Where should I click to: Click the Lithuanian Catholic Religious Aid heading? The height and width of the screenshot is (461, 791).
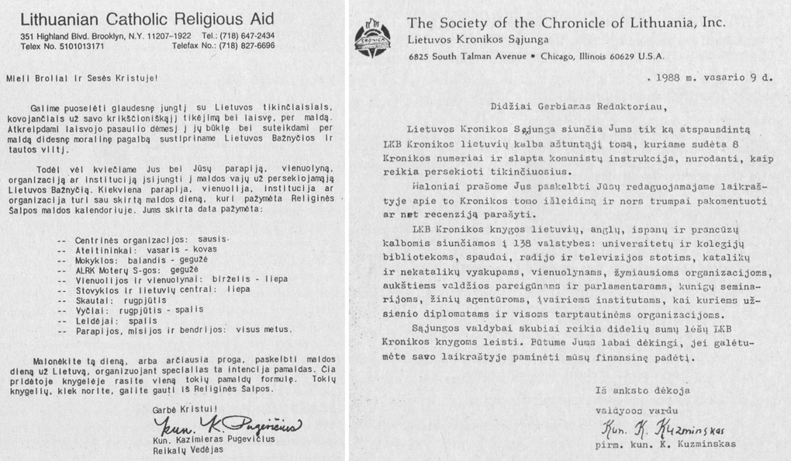point(147,19)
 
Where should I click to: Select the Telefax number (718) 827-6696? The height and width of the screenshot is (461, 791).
point(223,47)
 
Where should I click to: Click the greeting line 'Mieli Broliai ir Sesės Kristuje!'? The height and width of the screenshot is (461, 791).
point(81,78)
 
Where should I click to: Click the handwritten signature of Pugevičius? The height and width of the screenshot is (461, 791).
point(229,425)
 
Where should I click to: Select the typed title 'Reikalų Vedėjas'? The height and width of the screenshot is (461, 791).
point(187,451)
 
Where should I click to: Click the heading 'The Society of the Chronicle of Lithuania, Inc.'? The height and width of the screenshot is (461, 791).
point(566,23)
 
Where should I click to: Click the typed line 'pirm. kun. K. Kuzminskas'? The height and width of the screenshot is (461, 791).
point(664,445)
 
